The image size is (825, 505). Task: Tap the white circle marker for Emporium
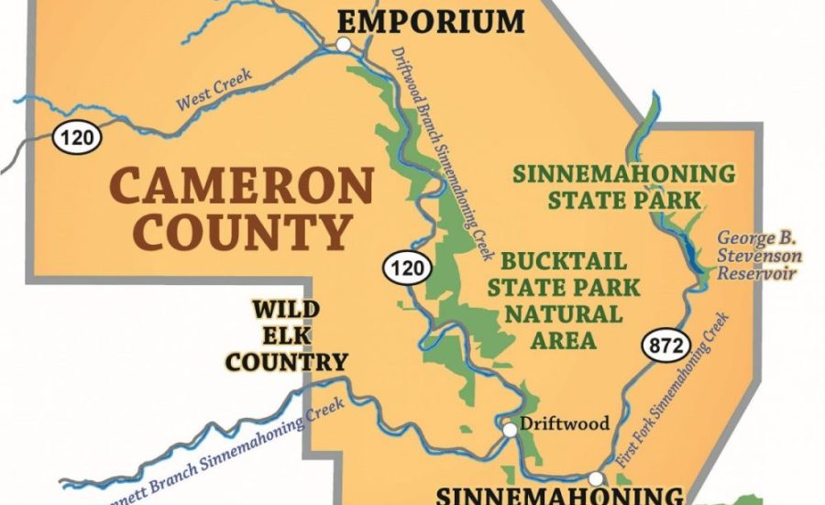[344, 44]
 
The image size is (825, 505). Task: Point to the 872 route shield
[660, 346]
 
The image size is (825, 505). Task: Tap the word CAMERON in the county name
[242, 187]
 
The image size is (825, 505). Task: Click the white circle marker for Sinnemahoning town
[596, 478]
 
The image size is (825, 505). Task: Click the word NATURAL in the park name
[563, 314]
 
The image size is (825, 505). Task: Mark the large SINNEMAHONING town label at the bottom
[558, 496]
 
